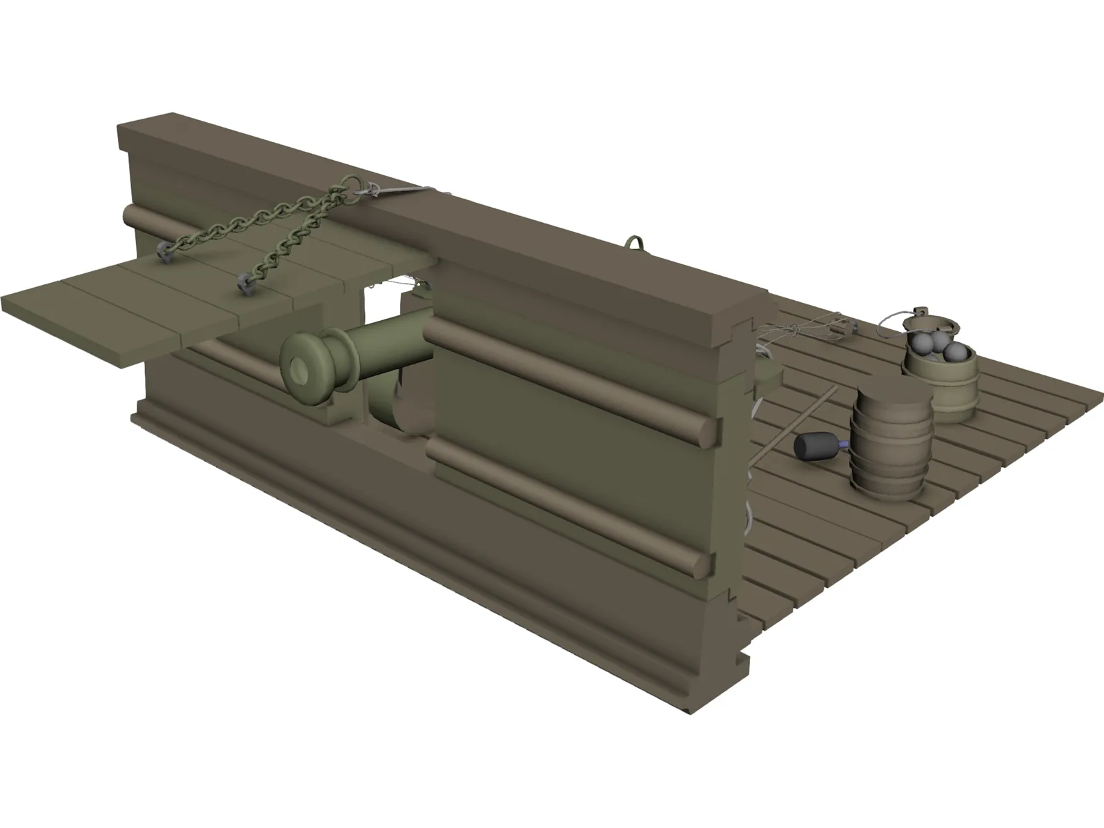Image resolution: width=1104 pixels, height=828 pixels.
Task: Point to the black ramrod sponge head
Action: click(814, 446)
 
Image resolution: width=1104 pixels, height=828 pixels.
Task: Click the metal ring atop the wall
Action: click(635, 243)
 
